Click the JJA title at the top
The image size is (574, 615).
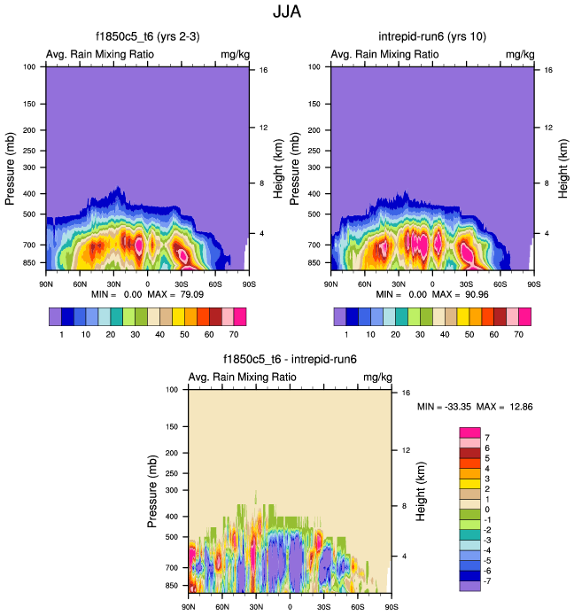tap(288, 14)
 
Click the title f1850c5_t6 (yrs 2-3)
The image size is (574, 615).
tap(148, 36)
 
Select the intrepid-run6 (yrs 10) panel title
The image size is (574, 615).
tap(431, 36)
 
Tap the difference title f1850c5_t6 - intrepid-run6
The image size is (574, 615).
tap(290, 361)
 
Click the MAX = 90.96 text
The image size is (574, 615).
tap(462, 293)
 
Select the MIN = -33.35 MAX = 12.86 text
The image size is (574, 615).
tap(474, 407)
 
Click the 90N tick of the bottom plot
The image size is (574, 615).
tap(189, 607)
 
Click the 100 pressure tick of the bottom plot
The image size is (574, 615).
tap(172, 390)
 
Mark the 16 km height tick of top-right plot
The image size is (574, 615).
tap(548, 69)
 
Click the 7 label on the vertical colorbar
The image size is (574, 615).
tap(488, 438)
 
